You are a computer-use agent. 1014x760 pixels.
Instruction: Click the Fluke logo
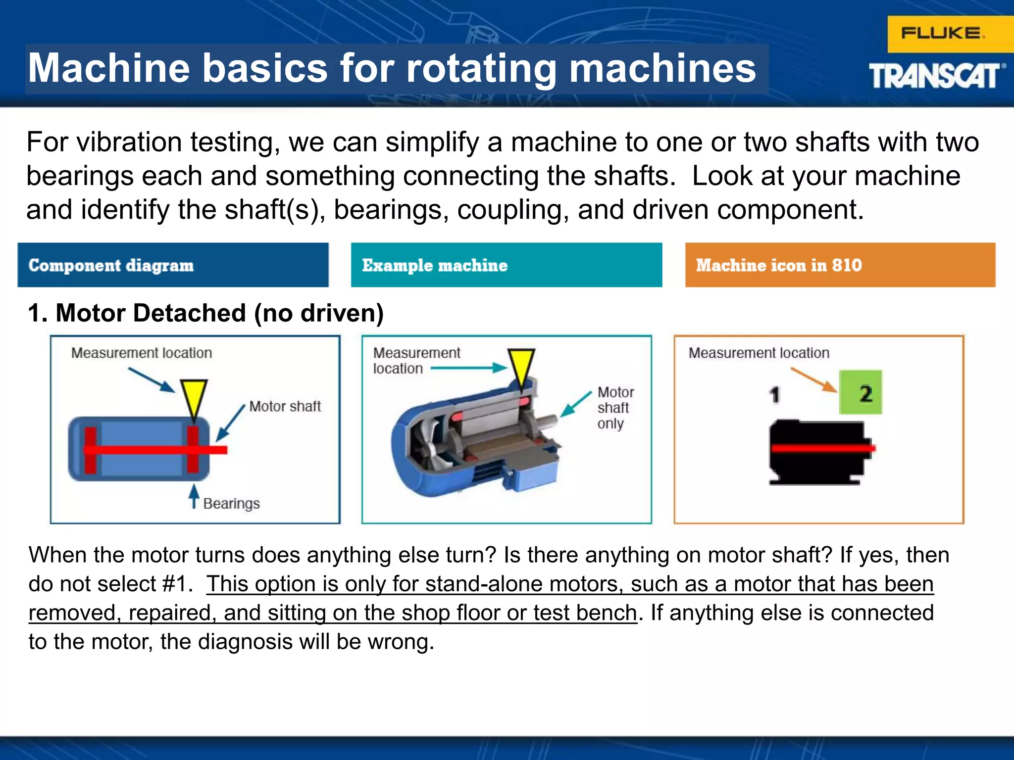943,34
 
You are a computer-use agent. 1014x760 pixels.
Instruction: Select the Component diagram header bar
173,265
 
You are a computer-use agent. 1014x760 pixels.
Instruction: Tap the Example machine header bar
506,265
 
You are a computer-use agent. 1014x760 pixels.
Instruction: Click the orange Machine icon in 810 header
840,265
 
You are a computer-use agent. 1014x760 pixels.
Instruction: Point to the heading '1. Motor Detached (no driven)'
205,313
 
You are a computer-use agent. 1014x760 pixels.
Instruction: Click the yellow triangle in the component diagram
194,396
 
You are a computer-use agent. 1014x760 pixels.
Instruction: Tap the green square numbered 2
861,392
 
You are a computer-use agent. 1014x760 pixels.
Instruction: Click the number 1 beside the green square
775,395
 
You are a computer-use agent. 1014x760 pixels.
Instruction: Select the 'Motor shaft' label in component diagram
285,406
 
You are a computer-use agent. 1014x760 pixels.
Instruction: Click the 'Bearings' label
231,503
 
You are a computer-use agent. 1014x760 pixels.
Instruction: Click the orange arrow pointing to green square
813,380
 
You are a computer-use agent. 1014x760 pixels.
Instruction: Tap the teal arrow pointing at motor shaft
576,404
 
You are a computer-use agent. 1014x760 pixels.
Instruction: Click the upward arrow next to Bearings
194,496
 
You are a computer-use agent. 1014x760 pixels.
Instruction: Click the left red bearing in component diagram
90,449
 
